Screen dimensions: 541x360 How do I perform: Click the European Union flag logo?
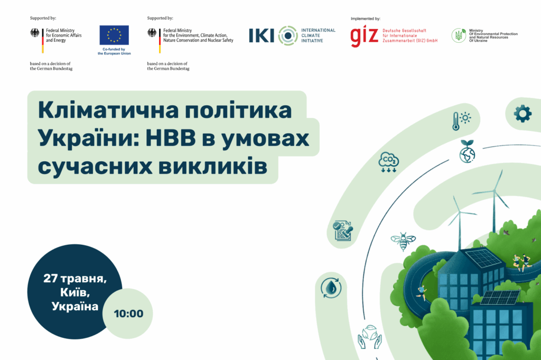pyautogui.click(x=114, y=35)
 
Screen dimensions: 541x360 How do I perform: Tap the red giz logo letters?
pyautogui.click(x=365, y=36)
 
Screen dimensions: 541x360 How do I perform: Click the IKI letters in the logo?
pyautogui.click(x=262, y=35)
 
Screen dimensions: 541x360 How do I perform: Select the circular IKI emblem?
pyautogui.click(x=288, y=35)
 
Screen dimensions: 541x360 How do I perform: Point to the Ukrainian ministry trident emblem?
pyautogui.click(x=459, y=35)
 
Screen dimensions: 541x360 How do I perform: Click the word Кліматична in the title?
pyautogui.click(x=108, y=110)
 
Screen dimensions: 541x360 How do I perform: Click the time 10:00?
pyautogui.click(x=128, y=314)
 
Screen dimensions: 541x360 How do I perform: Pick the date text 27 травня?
pyautogui.click(x=75, y=279)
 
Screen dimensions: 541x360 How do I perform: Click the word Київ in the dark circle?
pyautogui.click(x=75, y=293)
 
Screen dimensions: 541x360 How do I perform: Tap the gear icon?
pyautogui.click(x=523, y=114)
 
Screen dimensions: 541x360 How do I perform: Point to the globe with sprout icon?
pyautogui.click(x=467, y=151)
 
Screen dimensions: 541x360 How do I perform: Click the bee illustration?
pyautogui.click(x=403, y=241)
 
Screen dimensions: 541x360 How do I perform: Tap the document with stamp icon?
pyautogui.click(x=342, y=231)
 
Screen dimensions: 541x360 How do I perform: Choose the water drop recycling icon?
pyautogui.click(x=331, y=288)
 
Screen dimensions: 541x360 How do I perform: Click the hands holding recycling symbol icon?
pyautogui.click(x=369, y=337)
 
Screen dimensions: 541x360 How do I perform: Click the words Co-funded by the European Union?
pyautogui.click(x=114, y=51)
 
